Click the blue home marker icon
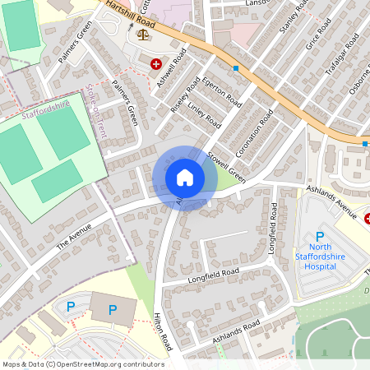click(185, 177)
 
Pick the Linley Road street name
click(205, 114)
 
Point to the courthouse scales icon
click(145, 35)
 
